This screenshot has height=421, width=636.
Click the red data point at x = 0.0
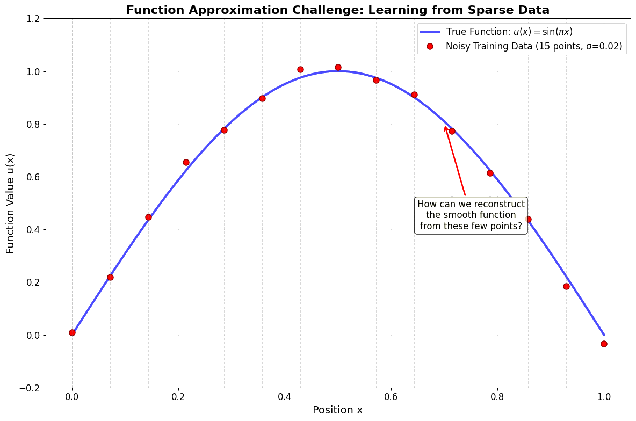click(72, 332)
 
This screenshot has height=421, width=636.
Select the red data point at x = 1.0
click(604, 344)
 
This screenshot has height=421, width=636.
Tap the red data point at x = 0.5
click(338, 68)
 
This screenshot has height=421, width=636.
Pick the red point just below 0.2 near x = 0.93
click(566, 286)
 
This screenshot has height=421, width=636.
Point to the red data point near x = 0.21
click(186, 162)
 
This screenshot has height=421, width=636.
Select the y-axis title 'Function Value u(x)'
click(11, 203)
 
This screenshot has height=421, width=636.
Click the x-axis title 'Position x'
click(338, 410)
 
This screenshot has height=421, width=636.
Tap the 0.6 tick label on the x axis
click(391, 397)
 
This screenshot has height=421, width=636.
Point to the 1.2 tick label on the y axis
click(33, 19)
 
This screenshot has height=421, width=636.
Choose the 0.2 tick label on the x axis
click(178, 397)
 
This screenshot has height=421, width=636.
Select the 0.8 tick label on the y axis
click(33, 124)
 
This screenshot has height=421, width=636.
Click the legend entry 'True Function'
click(509, 32)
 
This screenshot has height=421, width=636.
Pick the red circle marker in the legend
click(430, 47)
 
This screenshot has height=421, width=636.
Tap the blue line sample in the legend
click(430, 32)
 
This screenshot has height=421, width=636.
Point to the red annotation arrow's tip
click(445, 126)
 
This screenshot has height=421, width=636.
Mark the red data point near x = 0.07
click(110, 277)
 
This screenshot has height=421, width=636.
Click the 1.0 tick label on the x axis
click(604, 397)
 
